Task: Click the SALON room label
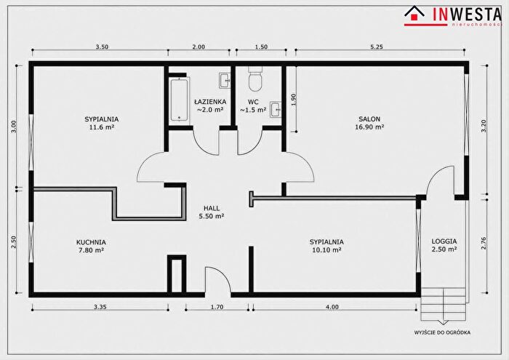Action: (369, 119)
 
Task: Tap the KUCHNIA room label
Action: (91, 242)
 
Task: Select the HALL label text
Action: (212, 208)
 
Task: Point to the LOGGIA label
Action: (444, 241)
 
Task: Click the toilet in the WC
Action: (255, 79)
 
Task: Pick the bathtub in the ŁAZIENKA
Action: (179, 100)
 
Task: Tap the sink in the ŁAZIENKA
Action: (225, 80)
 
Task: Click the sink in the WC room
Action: (276, 109)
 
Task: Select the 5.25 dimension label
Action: (377, 47)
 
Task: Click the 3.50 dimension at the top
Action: (102, 47)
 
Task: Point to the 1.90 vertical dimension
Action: (294, 100)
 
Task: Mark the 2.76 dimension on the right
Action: (484, 244)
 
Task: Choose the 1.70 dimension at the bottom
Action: (217, 307)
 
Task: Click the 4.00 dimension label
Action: (332, 307)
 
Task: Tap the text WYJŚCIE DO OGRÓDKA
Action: (442, 332)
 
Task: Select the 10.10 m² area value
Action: (326, 250)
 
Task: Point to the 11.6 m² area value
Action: (102, 127)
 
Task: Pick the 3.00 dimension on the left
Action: (13, 127)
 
